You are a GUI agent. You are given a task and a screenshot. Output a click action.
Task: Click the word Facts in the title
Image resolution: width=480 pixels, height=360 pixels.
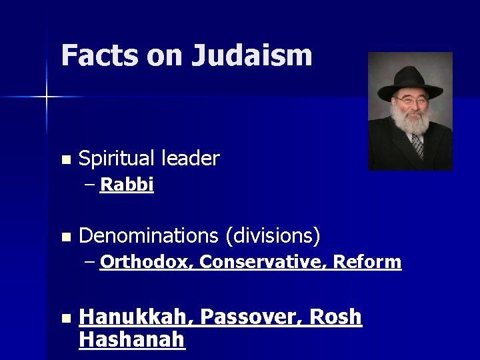coord(99,55)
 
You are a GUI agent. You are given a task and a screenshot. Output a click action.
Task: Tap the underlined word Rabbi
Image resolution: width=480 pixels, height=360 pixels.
coord(127,185)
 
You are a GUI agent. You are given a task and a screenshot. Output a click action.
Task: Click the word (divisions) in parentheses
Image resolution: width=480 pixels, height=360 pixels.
coord(273,235)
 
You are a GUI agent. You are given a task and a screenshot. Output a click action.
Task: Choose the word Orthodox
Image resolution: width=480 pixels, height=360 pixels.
coord(146,262)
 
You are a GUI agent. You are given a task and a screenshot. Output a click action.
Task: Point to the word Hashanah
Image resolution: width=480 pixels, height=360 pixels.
coord(131,340)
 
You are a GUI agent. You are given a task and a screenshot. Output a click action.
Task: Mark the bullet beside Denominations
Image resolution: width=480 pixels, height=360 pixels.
coord(65,237)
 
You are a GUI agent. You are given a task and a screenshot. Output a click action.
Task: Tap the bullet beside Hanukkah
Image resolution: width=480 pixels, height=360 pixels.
coord(65,319)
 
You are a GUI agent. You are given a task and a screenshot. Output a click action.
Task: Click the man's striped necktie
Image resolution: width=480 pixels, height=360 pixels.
coord(418,145)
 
